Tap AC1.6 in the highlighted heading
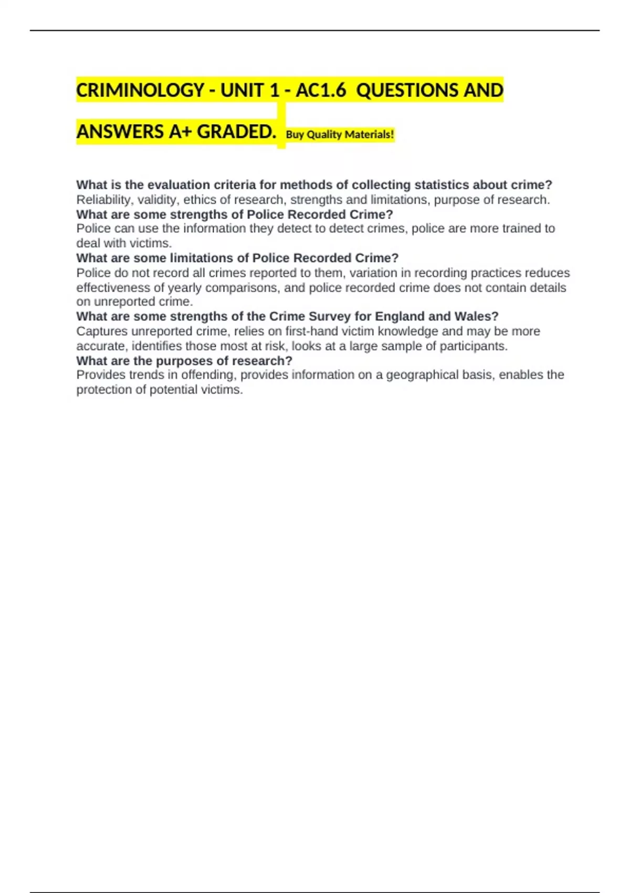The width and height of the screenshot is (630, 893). [321, 90]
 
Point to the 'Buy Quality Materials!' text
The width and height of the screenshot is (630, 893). [340, 134]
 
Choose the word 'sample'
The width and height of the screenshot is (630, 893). [400, 346]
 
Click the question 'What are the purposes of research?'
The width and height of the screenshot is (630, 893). [184, 361]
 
